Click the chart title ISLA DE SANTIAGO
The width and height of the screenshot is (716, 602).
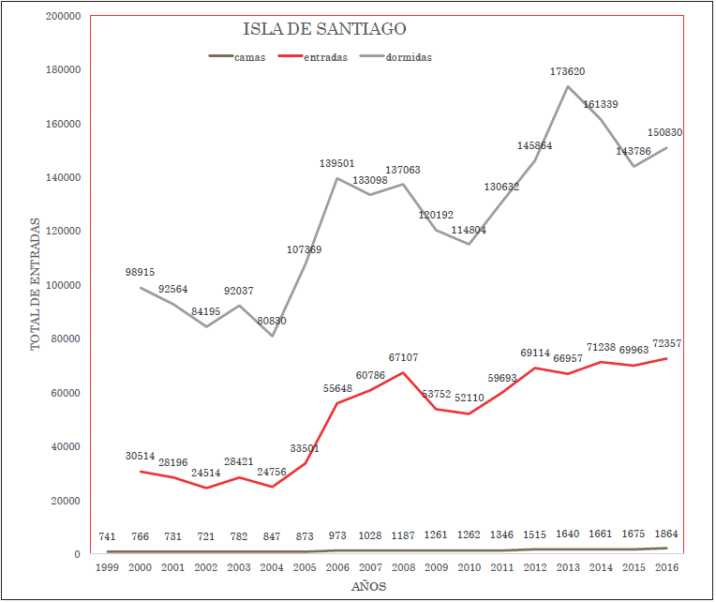[324, 29]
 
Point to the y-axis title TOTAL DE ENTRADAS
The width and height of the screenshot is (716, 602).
[36, 283]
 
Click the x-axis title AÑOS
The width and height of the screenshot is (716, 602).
[368, 587]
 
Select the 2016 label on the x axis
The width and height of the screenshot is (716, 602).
[665, 568]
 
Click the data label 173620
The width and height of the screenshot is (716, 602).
[569, 71]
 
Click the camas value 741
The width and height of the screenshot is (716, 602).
[106, 535]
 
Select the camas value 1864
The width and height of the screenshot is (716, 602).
[666, 534]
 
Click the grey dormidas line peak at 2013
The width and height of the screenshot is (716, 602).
[568, 86]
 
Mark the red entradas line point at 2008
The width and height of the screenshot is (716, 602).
[404, 372]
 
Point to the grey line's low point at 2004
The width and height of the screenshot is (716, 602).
[272, 336]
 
